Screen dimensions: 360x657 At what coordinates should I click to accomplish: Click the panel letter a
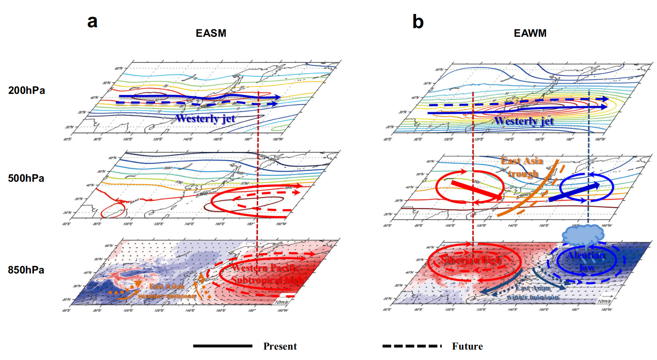[x=92, y=22]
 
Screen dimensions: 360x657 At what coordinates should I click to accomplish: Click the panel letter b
[x=418, y=22]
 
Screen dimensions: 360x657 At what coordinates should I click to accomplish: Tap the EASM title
[x=211, y=33]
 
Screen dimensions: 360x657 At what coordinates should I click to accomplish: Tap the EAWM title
[x=530, y=33]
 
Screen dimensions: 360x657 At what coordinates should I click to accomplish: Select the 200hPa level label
[x=26, y=90]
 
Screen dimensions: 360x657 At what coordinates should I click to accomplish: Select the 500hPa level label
[x=26, y=178]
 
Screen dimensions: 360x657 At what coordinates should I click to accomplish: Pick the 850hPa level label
[x=26, y=270]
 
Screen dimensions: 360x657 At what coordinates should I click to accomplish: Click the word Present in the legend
[x=280, y=346]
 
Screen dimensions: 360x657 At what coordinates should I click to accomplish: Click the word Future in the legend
[x=467, y=346]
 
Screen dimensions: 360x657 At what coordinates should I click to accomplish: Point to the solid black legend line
[x=222, y=346]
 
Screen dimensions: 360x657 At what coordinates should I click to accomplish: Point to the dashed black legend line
[x=412, y=346]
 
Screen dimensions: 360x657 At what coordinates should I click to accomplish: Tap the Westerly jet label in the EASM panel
[x=205, y=118]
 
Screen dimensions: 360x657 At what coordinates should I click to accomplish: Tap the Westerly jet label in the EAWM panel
[x=524, y=121]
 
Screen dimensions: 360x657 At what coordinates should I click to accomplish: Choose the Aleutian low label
[x=585, y=261]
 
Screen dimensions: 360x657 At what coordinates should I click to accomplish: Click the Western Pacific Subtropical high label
[x=266, y=274]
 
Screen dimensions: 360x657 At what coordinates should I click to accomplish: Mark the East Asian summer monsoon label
[x=167, y=291]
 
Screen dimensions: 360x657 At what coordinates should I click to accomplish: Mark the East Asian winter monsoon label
[x=532, y=292]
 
